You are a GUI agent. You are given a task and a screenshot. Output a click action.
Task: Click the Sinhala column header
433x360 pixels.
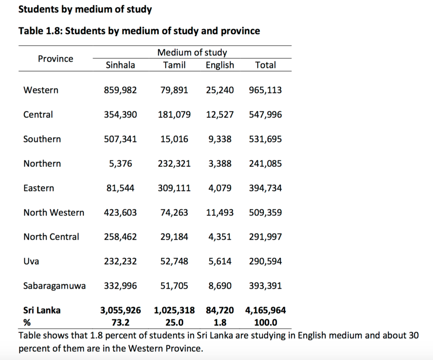[120, 65]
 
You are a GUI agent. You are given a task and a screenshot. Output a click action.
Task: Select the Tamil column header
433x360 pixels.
[174, 65]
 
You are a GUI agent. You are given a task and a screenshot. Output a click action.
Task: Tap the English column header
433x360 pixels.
[219, 65]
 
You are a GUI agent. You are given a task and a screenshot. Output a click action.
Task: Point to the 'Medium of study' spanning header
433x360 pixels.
[192, 53]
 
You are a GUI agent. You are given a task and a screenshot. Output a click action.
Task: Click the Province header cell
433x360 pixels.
[55, 59]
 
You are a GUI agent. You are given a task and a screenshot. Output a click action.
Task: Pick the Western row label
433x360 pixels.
[41, 90]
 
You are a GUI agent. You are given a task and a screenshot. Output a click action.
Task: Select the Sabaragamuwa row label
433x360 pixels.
[54, 286]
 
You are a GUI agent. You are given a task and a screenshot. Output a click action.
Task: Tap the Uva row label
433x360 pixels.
[31, 261]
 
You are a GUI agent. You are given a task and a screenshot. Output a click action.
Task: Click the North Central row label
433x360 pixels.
[51, 237]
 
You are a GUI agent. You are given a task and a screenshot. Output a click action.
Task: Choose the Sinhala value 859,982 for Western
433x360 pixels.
[120, 90]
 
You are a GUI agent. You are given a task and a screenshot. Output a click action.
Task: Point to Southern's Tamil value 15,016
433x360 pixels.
[174, 139]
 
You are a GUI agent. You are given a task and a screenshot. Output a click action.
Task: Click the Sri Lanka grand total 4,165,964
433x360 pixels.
[266, 311]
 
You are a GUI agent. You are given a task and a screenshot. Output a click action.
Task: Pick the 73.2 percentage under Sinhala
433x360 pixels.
[120, 322]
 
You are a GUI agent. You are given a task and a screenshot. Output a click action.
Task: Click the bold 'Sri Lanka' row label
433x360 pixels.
[41, 311]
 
